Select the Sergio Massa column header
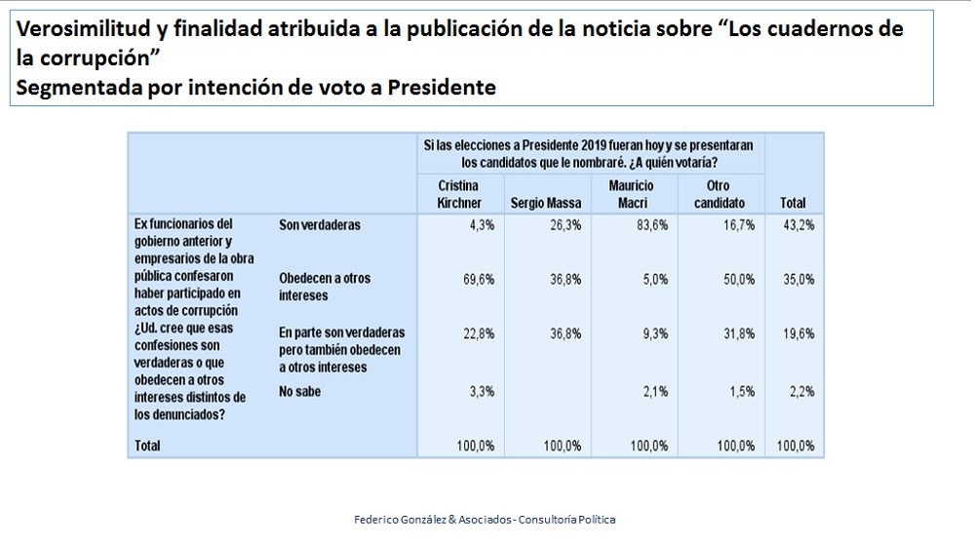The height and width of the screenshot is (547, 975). [546, 203]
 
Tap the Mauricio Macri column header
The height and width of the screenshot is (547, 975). [631, 194]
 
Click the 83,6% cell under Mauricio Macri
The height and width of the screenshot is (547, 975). [648, 225]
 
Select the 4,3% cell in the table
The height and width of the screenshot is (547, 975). [481, 225]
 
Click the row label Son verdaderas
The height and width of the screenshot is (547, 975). [319, 225]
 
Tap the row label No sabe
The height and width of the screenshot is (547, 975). [299, 392]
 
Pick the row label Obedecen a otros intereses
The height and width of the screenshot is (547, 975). [325, 286]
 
